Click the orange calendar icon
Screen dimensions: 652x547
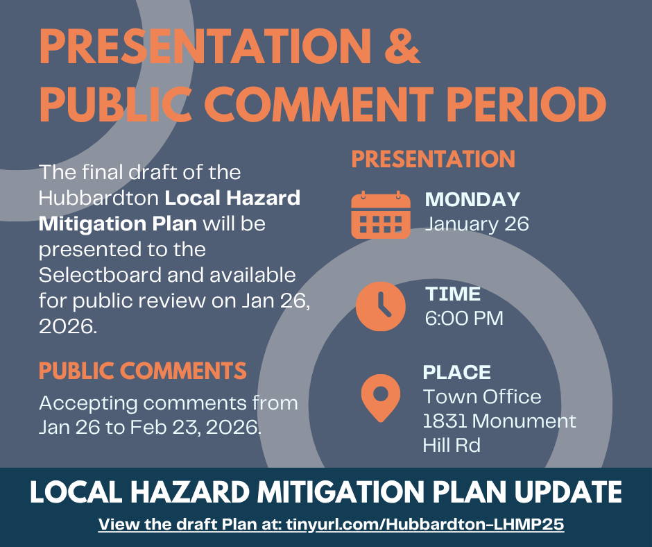click(x=381, y=214)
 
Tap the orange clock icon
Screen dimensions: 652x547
click(x=381, y=306)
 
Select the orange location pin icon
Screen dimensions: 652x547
click(x=381, y=398)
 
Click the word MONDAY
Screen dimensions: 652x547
click(x=472, y=199)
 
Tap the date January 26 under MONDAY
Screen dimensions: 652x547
click(x=477, y=224)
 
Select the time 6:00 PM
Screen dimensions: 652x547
click(x=464, y=319)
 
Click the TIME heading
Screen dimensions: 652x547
click(x=453, y=294)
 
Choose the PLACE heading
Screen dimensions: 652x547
click(x=457, y=372)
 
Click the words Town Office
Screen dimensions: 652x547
click(x=482, y=397)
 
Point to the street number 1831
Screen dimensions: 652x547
click(x=445, y=421)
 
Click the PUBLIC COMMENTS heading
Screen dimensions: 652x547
click(x=143, y=371)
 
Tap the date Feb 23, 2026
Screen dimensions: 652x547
click(x=196, y=427)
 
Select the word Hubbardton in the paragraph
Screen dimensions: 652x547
click(x=98, y=198)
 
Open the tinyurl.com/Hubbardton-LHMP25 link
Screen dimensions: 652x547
click(x=425, y=523)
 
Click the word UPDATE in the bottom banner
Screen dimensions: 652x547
click(x=568, y=492)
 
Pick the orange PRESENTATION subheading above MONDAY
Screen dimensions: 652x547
click(x=434, y=158)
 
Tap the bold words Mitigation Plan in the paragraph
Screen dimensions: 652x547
click(x=118, y=224)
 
